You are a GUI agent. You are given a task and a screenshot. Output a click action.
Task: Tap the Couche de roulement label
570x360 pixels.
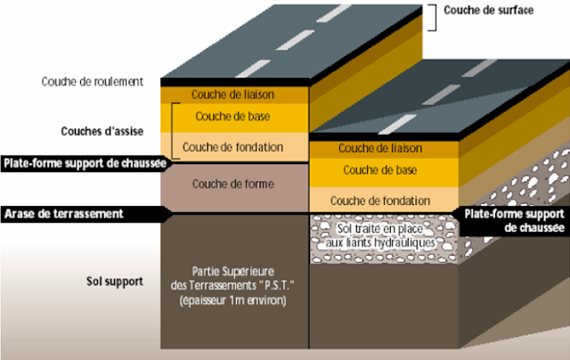coord(92,81)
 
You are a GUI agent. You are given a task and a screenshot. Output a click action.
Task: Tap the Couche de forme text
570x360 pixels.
coord(232,184)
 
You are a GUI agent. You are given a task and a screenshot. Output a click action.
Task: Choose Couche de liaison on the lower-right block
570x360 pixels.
coord(380,147)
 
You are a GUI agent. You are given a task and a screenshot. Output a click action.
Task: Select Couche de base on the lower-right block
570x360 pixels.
coord(380,169)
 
